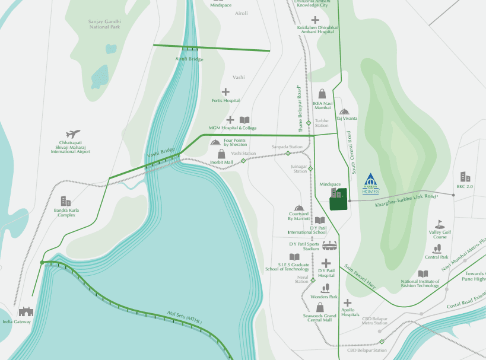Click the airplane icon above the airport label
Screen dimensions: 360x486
point(73,134)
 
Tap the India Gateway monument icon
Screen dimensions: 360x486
point(26,311)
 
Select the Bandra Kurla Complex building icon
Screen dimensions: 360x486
point(66,201)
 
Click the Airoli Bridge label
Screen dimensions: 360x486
point(189,59)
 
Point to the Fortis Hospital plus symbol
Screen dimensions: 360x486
point(225,92)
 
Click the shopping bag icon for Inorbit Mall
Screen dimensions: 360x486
point(221,154)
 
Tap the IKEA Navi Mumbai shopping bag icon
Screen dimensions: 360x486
point(322,94)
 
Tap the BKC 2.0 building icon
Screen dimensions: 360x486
point(465,177)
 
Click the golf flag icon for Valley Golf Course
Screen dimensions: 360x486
point(439,224)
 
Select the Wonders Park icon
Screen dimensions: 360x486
point(325,288)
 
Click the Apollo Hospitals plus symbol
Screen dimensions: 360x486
point(347,303)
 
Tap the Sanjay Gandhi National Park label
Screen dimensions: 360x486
point(104,24)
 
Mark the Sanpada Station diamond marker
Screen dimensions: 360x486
point(288,153)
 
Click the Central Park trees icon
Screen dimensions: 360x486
point(436,249)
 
